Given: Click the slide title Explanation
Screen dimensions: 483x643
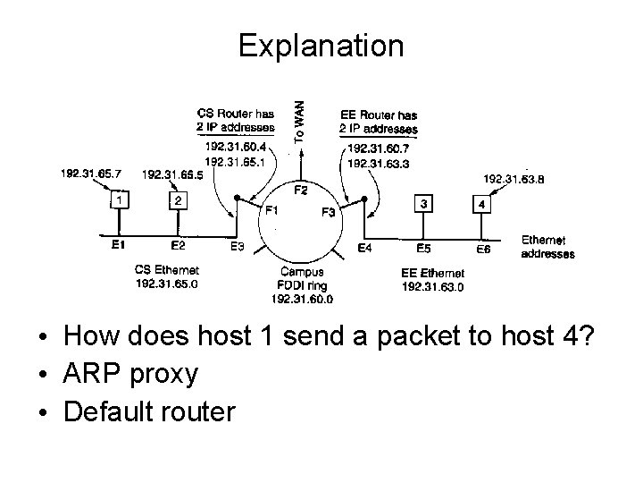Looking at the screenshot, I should click(321, 45).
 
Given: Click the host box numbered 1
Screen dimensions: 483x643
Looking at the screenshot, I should click(116, 202).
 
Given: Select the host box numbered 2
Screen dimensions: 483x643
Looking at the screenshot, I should click(179, 202).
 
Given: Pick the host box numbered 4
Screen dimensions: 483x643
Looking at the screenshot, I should click(482, 205).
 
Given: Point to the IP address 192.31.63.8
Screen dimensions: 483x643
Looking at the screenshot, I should click(514, 179).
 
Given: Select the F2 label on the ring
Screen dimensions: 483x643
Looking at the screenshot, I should click(301, 190).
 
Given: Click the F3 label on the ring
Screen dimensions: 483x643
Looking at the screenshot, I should click(328, 212).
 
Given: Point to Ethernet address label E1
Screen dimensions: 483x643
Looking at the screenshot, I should click(118, 244).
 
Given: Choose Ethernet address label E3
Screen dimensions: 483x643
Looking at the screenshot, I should click(238, 247).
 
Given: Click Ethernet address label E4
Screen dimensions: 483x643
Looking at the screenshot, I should click(365, 248).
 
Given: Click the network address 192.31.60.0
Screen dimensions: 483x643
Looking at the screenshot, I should click(302, 299).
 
